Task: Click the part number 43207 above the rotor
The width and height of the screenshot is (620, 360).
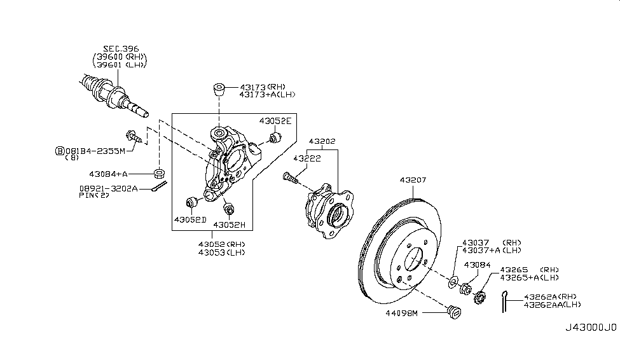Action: (413, 180)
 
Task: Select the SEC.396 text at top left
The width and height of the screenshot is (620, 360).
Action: (121, 49)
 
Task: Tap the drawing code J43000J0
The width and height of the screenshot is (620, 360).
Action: (591, 328)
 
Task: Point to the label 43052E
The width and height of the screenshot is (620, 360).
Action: (275, 121)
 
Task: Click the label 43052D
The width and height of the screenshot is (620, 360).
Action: (190, 219)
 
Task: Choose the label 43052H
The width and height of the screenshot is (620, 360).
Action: (230, 225)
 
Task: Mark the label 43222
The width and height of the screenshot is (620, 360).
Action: (307, 158)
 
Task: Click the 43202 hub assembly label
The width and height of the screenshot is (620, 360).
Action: (322, 141)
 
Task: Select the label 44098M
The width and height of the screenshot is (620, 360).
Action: (402, 314)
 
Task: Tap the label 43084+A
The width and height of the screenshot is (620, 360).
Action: (108, 174)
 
